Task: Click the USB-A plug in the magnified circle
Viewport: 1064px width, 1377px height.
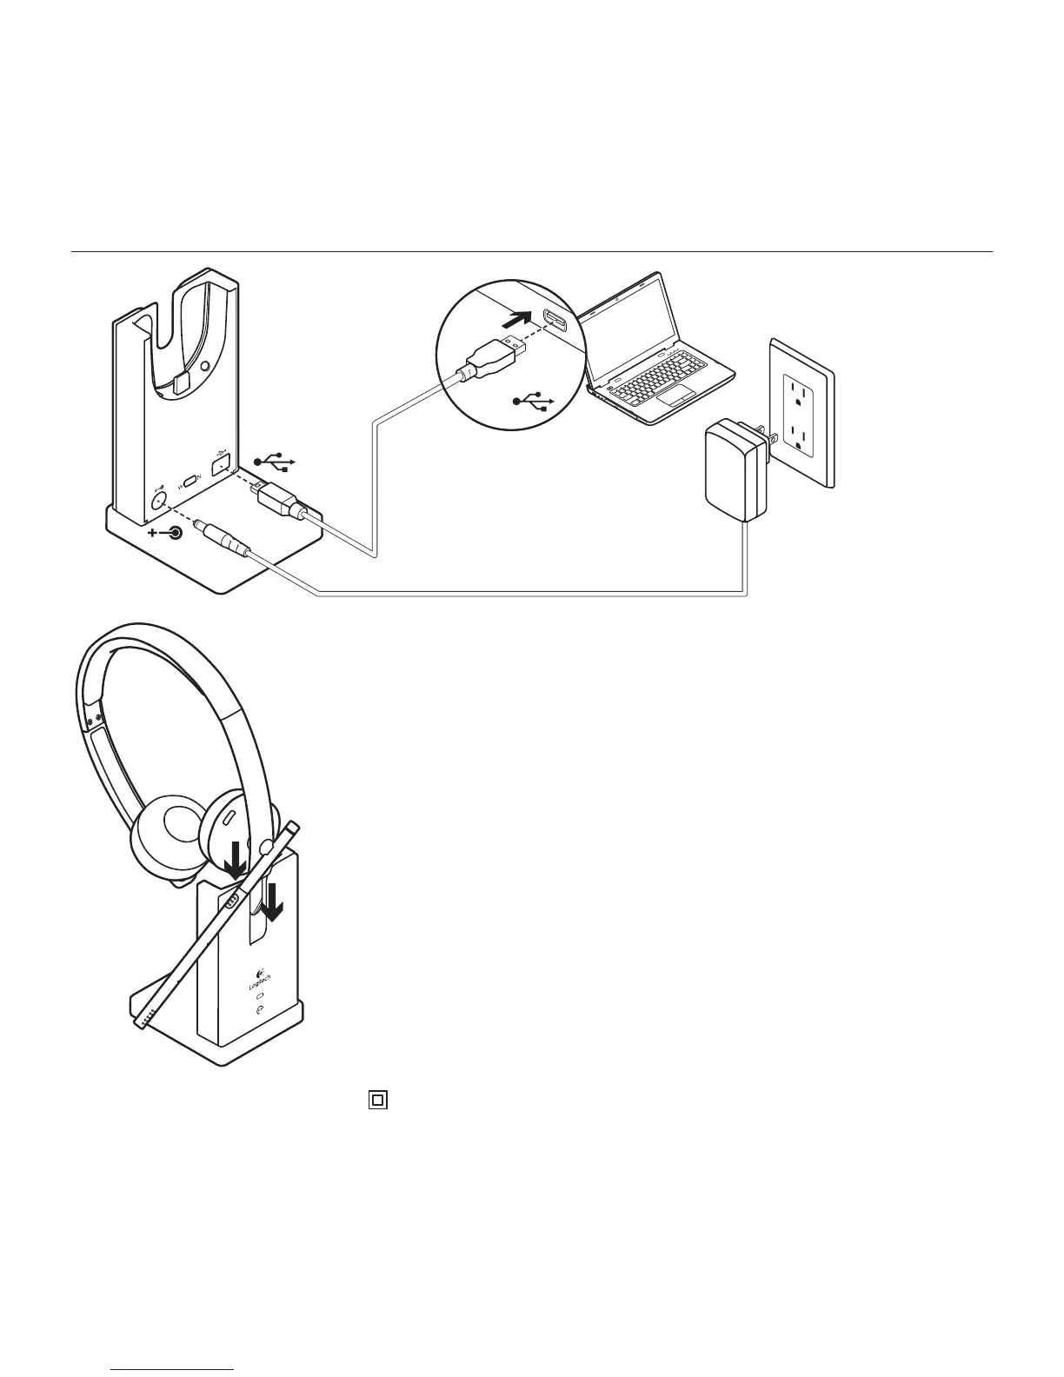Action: pos(492,360)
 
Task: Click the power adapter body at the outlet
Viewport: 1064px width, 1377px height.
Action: pos(735,470)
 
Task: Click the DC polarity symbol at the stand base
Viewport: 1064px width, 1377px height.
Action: pos(167,533)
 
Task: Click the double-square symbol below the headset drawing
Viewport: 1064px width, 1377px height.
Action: pos(377,1100)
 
